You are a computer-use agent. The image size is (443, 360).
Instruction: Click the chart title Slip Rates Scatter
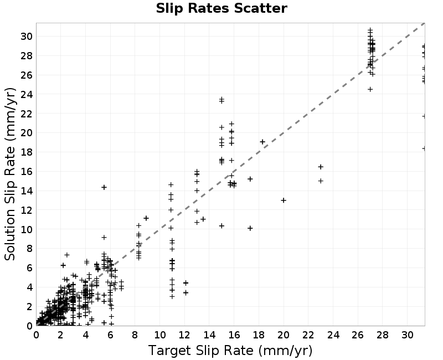[x=221, y=8]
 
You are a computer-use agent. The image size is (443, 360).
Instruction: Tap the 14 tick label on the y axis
[x=26, y=191]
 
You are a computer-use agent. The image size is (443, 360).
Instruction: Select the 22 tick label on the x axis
[x=308, y=335]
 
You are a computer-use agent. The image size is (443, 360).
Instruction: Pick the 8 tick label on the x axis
[x=135, y=335]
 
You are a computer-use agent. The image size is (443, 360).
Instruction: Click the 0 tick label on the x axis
[x=36, y=335]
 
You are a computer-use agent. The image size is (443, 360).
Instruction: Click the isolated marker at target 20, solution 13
[x=284, y=200]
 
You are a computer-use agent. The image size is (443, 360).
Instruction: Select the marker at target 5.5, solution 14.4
[x=104, y=187]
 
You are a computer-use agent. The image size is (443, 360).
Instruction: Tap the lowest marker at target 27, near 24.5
[x=370, y=89]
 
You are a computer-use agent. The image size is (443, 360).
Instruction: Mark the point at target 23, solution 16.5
[x=321, y=167]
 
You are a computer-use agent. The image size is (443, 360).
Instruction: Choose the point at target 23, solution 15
[x=321, y=181]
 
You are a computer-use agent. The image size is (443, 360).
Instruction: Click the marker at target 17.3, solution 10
[x=250, y=228]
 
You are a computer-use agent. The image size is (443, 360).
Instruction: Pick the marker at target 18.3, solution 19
[x=262, y=142]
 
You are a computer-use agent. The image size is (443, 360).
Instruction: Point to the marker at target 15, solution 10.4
[x=221, y=226]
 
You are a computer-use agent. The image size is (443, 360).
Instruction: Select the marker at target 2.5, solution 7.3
[x=67, y=255]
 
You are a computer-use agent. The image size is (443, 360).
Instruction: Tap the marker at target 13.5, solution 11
[x=203, y=219]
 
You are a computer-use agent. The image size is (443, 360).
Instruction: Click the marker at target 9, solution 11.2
[x=146, y=218]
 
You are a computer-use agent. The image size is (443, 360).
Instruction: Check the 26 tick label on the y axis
[x=26, y=75]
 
